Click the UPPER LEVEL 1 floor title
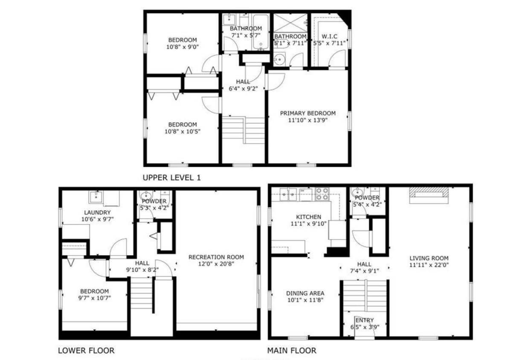(171, 177)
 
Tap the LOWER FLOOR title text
(86, 351)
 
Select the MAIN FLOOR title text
(292, 351)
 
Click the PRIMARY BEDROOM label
(307, 113)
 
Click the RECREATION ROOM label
(216, 257)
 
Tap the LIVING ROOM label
(429, 258)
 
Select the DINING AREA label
(305, 293)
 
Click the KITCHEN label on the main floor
(306, 217)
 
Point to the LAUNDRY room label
(97, 212)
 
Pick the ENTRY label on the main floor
(364, 320)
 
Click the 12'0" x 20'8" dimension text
(216, 264)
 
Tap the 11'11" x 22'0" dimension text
(429, 265)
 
